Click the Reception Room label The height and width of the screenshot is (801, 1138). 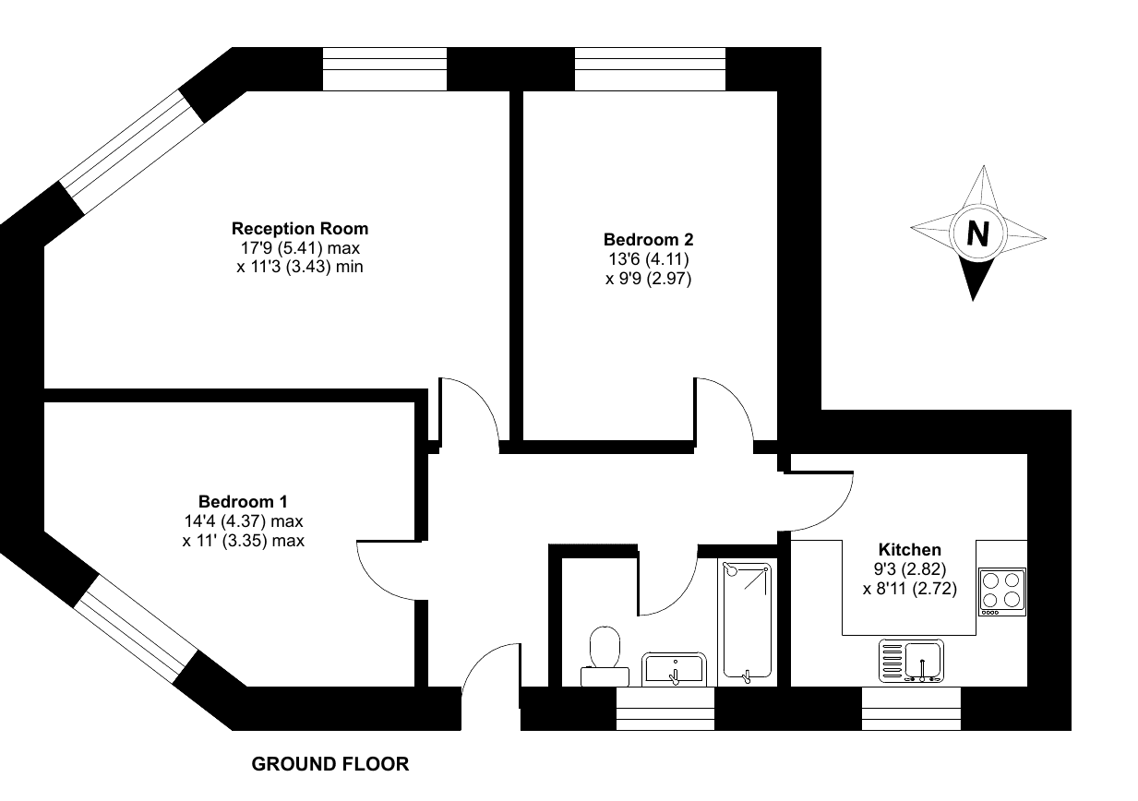pyautogui.click(x=300, y=229)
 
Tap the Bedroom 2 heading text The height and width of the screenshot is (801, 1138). pyautogui.click(x=648, y=240)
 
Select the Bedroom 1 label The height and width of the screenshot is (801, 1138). pyautogui.click(x=243, y=502)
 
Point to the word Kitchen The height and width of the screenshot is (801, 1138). pyautogui.click(x=909, y=550)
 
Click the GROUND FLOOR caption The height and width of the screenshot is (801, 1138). pyautogui.click(x=330, y=764)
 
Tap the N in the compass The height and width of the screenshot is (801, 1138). pyautogui.click(x=978, y=234)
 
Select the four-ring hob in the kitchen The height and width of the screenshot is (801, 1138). pyautogui.click(x=1001, y=592)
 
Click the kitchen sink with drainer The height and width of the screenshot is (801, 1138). pyautogui.click(x=912, y=661)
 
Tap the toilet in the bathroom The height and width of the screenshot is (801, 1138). pyautogui.click(x=605, y=656)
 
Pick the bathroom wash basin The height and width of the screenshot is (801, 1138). pyautogui.click(x=674, y=669)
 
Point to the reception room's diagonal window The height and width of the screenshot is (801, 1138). pyautogui.click(x=133, y=152)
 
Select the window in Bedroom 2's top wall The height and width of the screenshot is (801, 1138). pyautogui.click(x=651, y=69)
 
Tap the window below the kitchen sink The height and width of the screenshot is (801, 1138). pyautogui.click(x=912, y=709)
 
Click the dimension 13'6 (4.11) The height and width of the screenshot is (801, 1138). pyautogui.click(x=649, y=259)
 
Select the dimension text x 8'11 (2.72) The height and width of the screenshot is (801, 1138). pyautogui.click(x=910, y=589)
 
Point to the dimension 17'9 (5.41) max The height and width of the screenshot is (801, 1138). pyautogui.click(x=300, y=248)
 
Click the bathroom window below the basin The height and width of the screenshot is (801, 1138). pyautogui.click(x=665, y=709)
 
